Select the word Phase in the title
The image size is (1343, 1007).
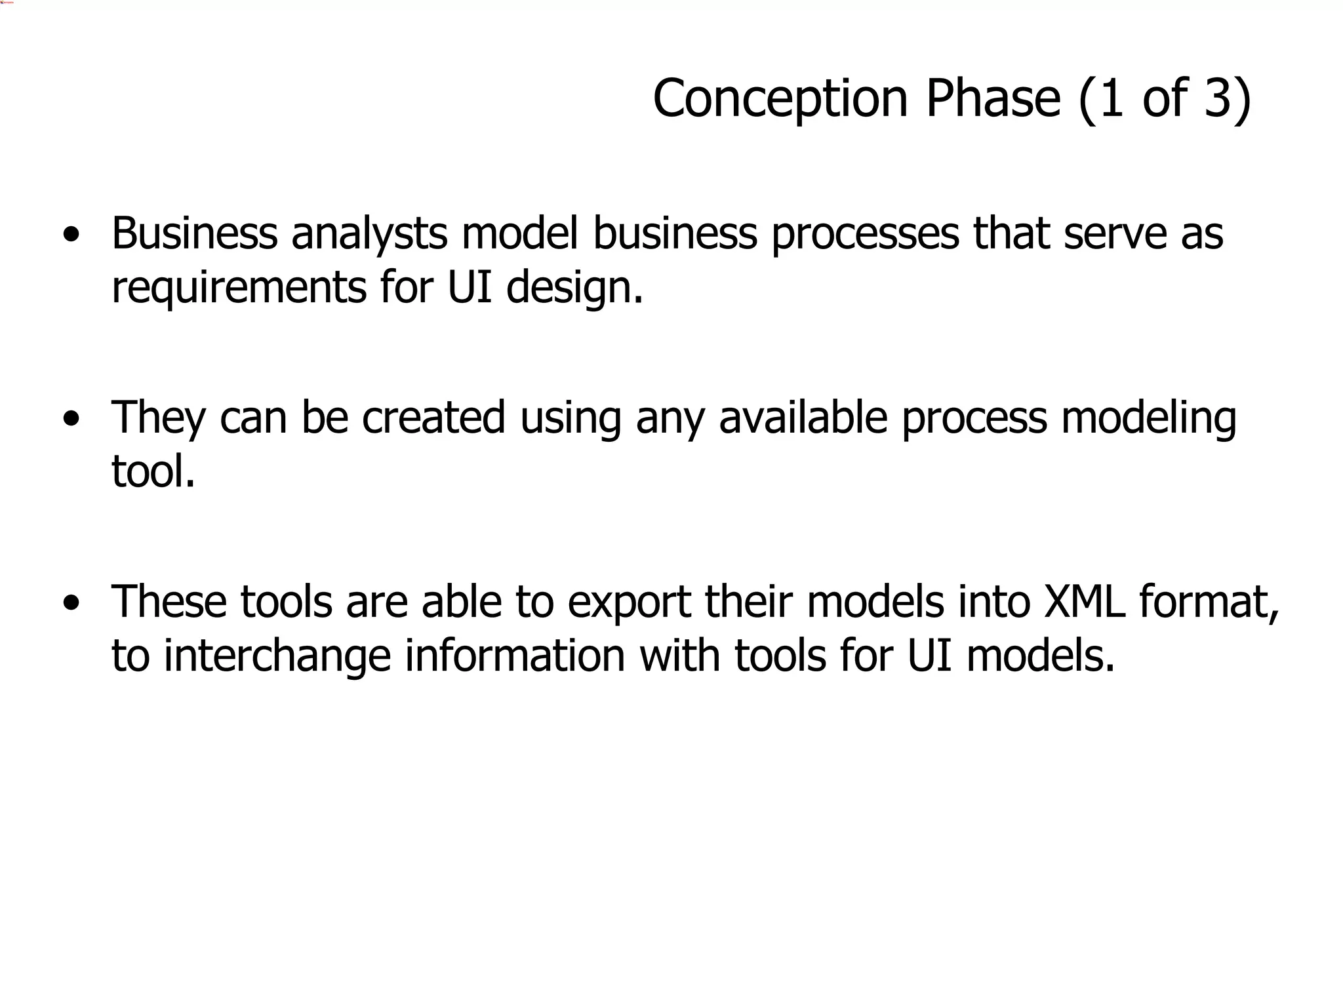(x=993, y=99)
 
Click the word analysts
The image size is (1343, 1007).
(x=369, y=234)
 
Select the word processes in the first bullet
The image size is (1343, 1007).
(x=865, y=234)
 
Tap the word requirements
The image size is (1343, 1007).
(x=239, y=288)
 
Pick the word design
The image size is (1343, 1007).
(x=574, y=288)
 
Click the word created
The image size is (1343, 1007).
(x=433, y=418)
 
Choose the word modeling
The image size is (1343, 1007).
(x=1148, y=418)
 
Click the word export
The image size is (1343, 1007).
(x=629, y=602)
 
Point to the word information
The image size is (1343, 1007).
(x=515, y=656)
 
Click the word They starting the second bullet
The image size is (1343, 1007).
(x=159, y=418)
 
